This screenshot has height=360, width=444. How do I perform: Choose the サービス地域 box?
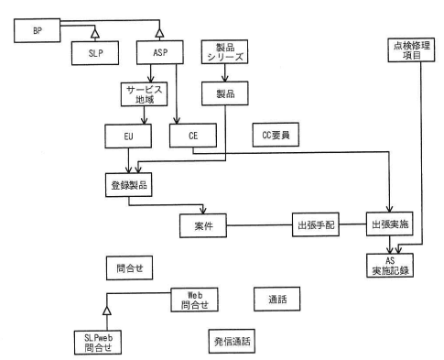pyautogui.click(x=144, y=95)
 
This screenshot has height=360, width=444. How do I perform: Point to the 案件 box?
pyautogui.click(x=204, y=224)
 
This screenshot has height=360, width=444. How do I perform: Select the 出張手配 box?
pyautogui.click(x=314, y=224)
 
